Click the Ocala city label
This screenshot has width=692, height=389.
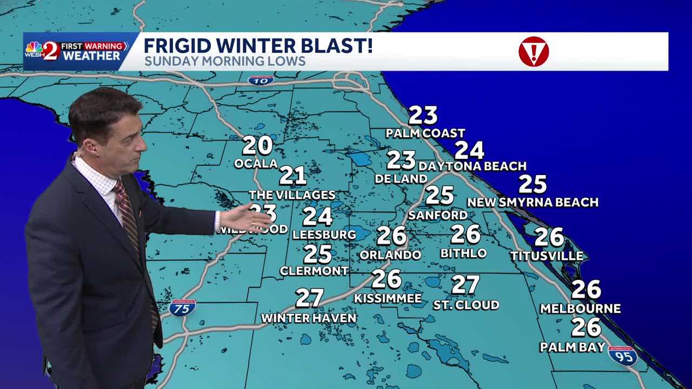(x=256, y=163)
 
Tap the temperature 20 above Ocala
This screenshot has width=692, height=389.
(x=257, y=145)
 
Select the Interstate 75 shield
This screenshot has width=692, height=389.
(x=182, y=308)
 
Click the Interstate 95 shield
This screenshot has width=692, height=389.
(x=623, y=356)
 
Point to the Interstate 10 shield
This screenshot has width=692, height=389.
(x=261, y=80)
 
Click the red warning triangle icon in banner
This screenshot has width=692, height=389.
(x=534, y=51)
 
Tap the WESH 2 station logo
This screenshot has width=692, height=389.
(x=42, y=51)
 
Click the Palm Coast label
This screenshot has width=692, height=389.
(x=425, y=133)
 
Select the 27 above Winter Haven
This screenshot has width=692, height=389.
(x=309, y=298)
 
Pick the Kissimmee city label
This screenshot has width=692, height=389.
(x=388, y=298)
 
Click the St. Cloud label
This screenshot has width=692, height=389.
(x=466, y=305)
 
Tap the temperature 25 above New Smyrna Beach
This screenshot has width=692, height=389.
(x=533, y=184)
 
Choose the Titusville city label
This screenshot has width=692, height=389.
(x=547, y=256)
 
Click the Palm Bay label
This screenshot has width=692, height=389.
(x=573, y=347)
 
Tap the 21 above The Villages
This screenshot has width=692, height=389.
(x=292, y=176)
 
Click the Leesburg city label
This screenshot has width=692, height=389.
(x=324, y=234)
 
